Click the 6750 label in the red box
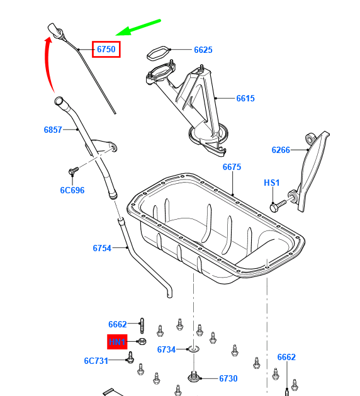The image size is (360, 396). [106, 48]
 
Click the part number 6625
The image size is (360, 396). [203, 50]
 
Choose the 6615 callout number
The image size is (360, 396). [245, 98]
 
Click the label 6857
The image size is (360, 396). [53, 130]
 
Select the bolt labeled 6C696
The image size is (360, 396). [72, 171]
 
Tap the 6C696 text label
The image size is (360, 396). [72, 190]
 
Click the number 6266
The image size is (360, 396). [281, 150]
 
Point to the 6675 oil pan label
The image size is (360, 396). [232, 167]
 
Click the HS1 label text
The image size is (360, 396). [271, 183]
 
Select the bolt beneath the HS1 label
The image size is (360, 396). [278, 206]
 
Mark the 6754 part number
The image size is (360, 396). [102, 248]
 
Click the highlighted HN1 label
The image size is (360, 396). [117, 342]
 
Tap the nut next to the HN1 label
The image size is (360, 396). [142, 342]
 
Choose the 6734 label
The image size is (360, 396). [166, 349]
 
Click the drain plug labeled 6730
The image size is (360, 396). [193, 377]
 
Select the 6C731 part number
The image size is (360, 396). [96, 361]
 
